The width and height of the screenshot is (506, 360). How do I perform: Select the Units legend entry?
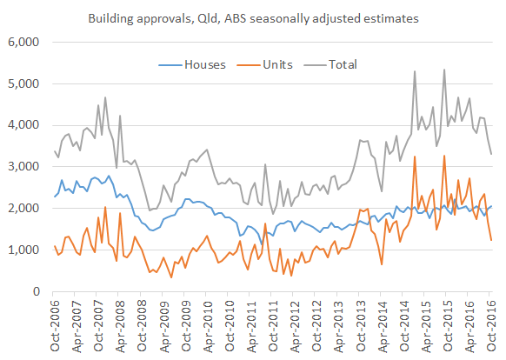coord(277,63)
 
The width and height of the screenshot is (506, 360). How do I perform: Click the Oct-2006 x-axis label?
coord(54,325)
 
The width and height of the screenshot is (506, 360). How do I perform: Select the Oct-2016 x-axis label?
coord(489,325)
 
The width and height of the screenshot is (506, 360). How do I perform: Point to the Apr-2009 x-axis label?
coord(163,325)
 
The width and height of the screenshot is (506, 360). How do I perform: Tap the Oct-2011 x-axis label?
coord(271,325)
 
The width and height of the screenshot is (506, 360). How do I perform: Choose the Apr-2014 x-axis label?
coord(381,325)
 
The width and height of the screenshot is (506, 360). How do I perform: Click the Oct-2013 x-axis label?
coord(359,325)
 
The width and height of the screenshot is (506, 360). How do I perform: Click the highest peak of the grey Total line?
coord(444,70)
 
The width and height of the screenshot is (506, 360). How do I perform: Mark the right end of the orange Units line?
coord(491,241)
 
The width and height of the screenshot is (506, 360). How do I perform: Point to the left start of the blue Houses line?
coord(55,197)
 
